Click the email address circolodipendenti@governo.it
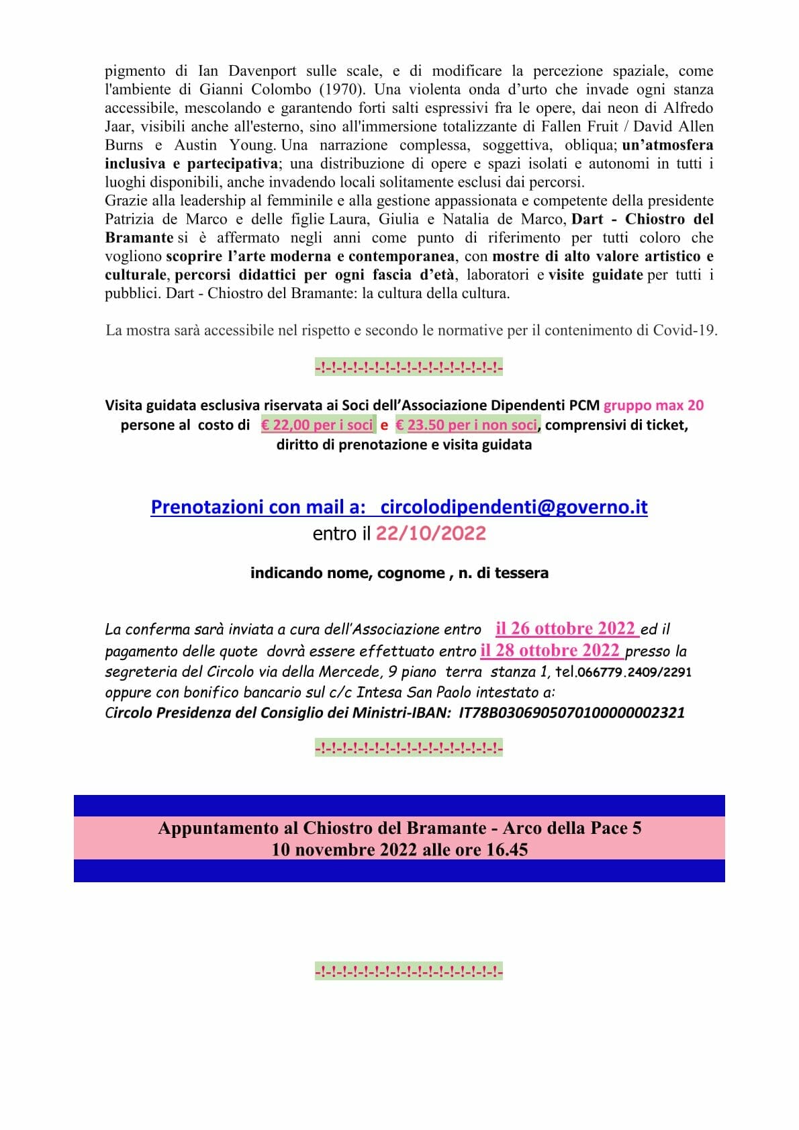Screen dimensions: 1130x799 (514, 507)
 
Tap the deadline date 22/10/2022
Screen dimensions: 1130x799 (430, 534)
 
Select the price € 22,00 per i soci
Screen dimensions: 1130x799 (317, 425)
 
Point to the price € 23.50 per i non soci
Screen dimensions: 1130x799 (467, 425)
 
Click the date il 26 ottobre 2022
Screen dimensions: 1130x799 (565, 628)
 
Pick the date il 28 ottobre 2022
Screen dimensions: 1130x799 (550, 651)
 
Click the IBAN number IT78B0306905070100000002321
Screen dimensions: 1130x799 (571, 712)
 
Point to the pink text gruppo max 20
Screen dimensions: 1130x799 (653, 405)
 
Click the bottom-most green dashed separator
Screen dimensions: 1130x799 (408, 971)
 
